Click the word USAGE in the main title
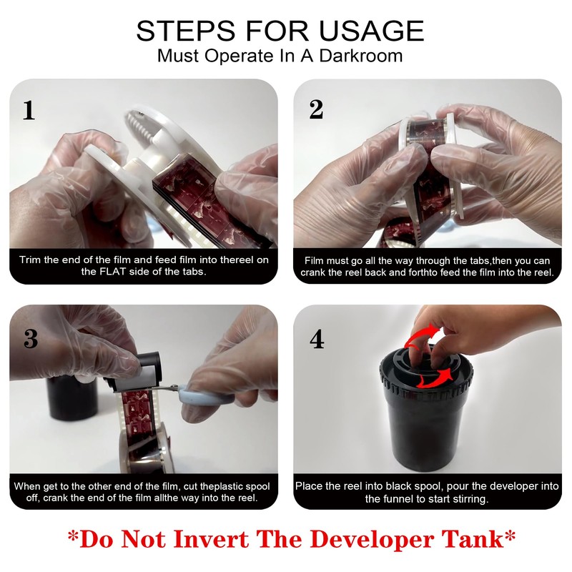coord(371,31)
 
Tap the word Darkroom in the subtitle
coord(361,56)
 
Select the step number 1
coord(29,110)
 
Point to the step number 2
coord(316,109)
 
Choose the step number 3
coord(31,338)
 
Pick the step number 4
coord(317,339)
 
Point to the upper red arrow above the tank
coord(423,335)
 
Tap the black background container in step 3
coord(72,400)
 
